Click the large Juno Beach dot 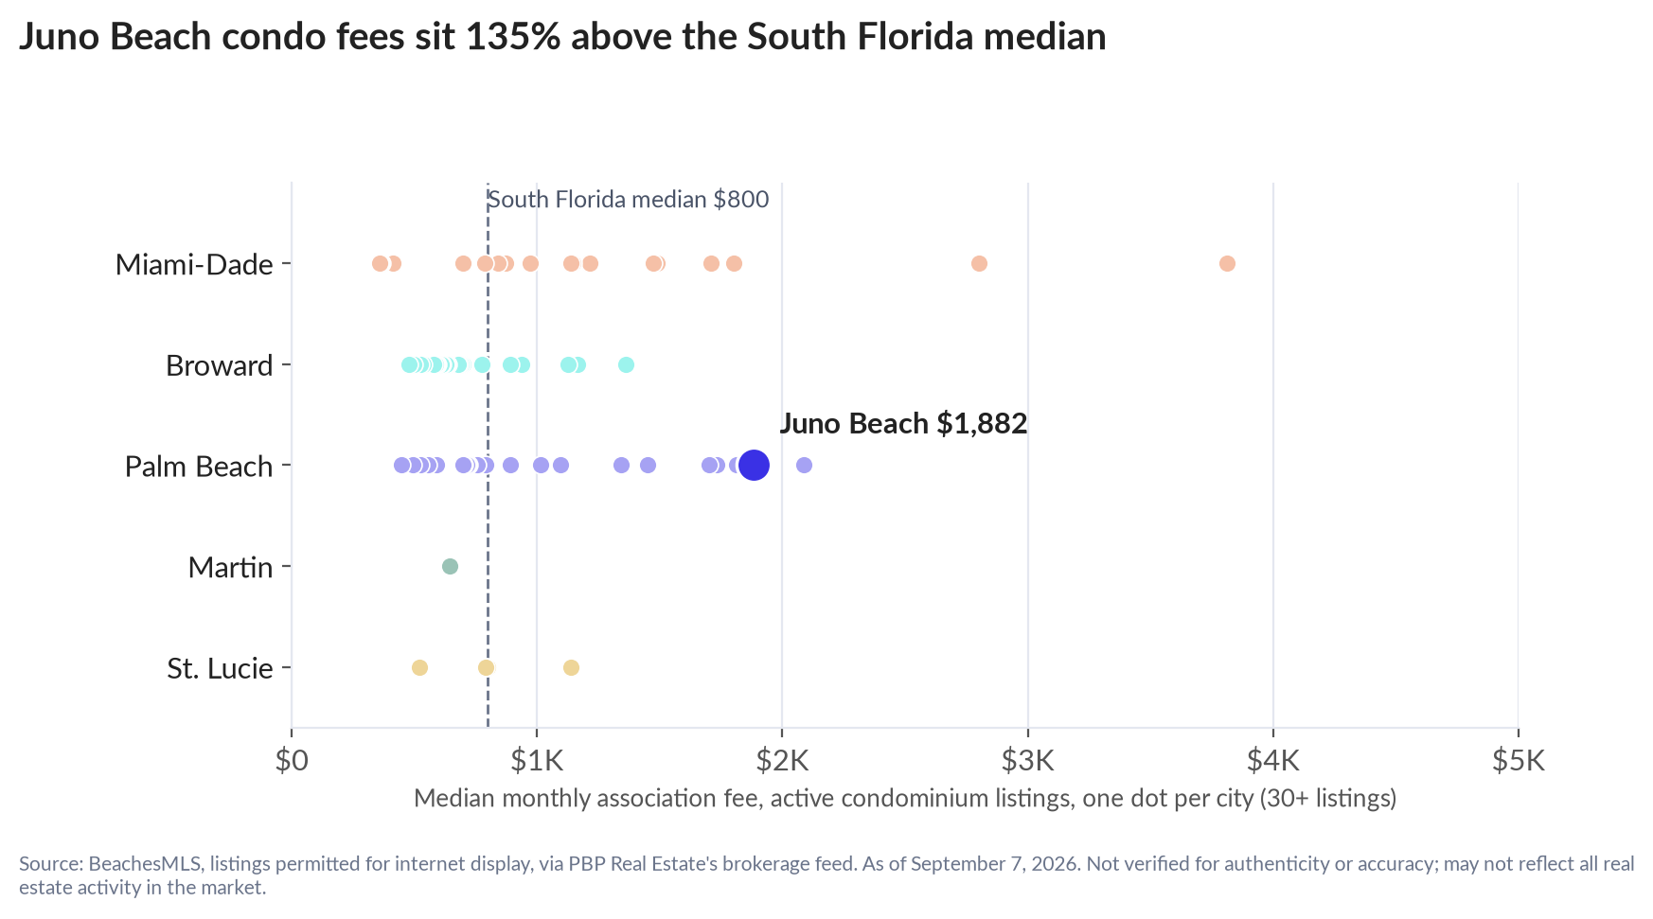click(754, 465)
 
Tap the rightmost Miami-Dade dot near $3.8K click(1227, 263)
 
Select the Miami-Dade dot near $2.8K click(979, 263)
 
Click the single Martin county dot click(450, 566)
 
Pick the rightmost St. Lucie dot click(571, 667)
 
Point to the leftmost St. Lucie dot click(419, 667)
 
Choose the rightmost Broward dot click(626, 364)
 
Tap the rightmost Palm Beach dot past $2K click(804, 465)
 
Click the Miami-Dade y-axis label click(194, 264)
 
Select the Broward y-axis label click(219, 365)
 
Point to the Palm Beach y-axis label click(199, 466)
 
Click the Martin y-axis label click(230, 567)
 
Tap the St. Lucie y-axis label click(220, 668)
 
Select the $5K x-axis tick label click(1519, 760)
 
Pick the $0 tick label click(292, 760)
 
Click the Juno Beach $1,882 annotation click(903, 423)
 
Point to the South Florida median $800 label click(628, 200)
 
